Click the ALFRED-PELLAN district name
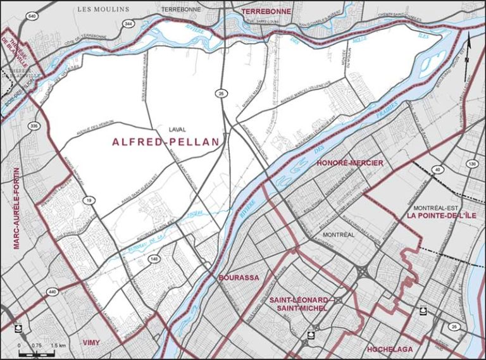point(166,142)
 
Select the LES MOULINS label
point(103,9)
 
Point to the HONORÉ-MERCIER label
point(350,163)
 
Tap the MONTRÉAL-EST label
point(435,208)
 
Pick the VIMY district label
point(91,342)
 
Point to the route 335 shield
point(32,127)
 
